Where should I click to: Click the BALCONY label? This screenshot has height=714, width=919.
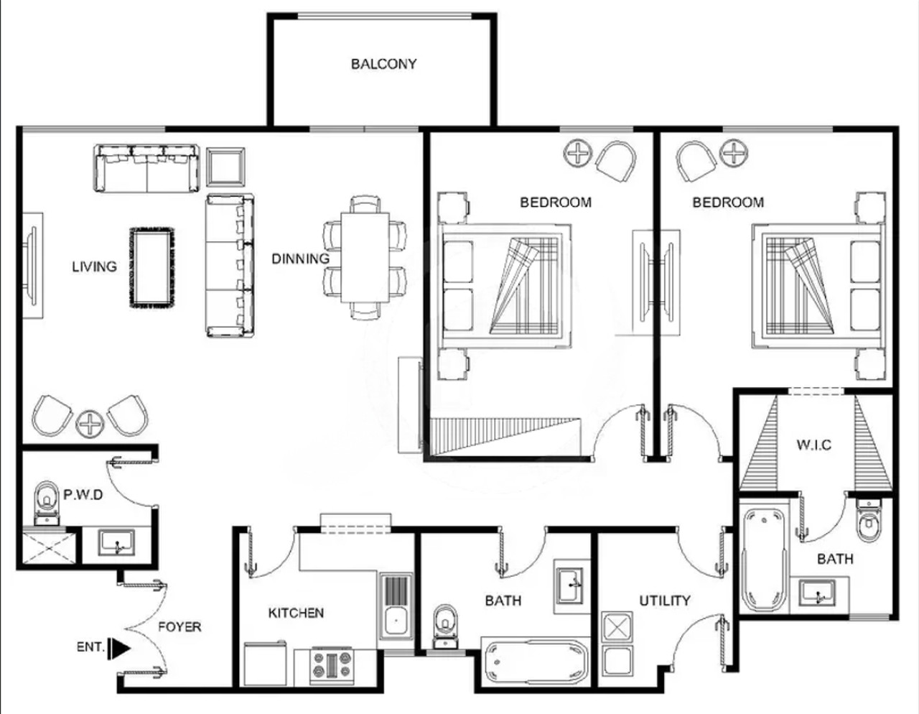(383, 64)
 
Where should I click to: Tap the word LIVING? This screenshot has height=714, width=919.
(94, 266)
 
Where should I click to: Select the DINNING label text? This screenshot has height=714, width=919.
(300, 259)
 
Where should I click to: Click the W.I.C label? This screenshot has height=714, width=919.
(813, 445)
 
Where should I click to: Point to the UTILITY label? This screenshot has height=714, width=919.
(665, 601)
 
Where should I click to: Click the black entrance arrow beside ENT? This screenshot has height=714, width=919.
(120, 649)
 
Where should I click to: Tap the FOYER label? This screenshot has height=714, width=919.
(179, 627)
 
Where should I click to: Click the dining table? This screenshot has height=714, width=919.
(365, 258)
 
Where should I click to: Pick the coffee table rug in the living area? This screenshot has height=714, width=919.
(151, 268)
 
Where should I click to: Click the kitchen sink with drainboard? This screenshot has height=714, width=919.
(396, 606)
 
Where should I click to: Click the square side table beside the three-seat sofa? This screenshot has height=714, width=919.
(225, 167)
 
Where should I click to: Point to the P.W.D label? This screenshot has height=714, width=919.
(83, 495)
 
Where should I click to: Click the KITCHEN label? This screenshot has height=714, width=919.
(296, 613)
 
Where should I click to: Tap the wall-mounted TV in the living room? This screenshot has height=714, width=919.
(32, 265)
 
